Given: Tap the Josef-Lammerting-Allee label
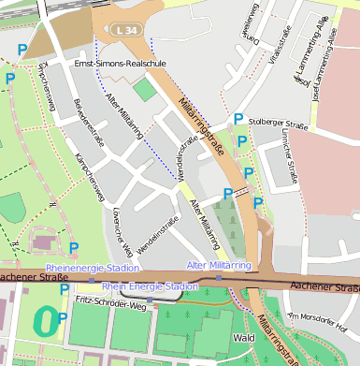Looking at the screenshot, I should pos(324,63).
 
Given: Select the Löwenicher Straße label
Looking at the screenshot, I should pos(119,226).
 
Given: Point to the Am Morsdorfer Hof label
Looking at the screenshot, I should pos(319,322).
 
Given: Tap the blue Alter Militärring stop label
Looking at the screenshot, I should pos(219,266).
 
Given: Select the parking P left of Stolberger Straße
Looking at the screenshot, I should pos(238,119).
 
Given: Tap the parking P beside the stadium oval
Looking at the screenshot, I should pos(63,318).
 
